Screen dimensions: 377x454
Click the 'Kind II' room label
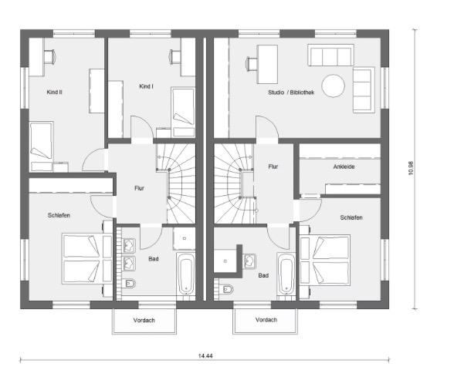coord(55,91)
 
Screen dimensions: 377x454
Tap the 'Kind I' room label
coord(146,86)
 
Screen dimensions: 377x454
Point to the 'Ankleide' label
coord(344,166)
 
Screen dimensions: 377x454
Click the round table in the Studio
coord(334,85)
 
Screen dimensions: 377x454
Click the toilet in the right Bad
coord(226,289)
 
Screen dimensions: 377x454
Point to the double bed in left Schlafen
coord(83,259)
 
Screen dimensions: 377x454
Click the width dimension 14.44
coord(205,356)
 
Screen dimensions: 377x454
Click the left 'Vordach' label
coord(144,319)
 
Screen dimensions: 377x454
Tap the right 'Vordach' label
coord(265,319)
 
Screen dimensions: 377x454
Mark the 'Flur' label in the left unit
coord(139,187)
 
